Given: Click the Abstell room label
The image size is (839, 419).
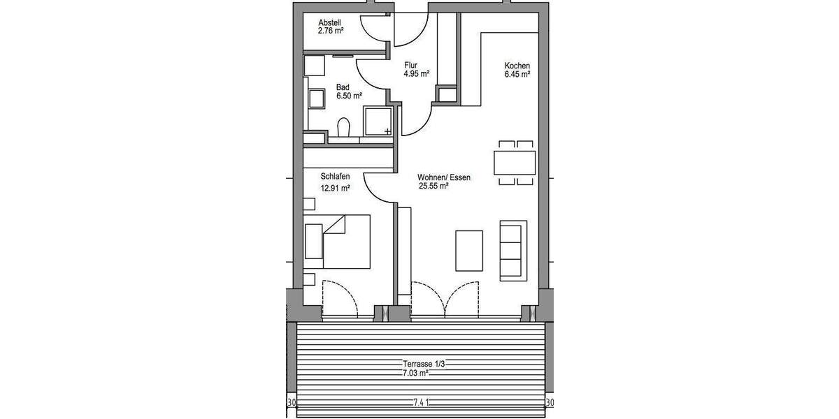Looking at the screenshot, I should pos(329,22).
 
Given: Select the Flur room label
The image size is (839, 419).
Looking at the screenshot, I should pos(410,65).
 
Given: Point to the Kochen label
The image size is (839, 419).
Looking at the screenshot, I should pos(517,66).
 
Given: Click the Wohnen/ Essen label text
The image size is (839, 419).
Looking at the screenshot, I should pos(444,177).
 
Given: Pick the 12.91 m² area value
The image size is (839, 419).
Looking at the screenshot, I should pos(335,187).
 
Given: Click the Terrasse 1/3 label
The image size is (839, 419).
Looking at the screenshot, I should pos(423,364).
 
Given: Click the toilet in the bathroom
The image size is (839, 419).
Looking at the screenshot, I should pos(343,128).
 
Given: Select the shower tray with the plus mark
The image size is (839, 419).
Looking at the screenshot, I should pos(378,121).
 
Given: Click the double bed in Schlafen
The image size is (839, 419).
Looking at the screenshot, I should pos(337,242).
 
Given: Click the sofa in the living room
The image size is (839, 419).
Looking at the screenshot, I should pos(512,250).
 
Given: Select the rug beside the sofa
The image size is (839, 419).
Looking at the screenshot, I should pos(469,250).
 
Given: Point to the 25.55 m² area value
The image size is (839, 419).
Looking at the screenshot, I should pos(433,186).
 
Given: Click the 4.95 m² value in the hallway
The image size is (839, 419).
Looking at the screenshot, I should pos(416,73).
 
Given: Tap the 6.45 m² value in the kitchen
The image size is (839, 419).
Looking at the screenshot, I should pos(517,74).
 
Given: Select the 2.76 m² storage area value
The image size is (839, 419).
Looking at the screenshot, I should pos(331,30).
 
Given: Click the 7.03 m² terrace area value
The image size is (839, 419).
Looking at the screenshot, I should pos(415,373).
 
